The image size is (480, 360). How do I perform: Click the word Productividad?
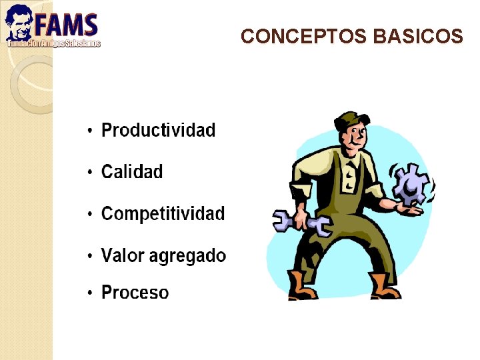[x=158, y=130]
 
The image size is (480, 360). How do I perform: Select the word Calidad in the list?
[x=131, y=172]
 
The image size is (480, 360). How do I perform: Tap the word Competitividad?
[x=163, y=214]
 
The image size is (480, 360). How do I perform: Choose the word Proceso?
[x=135, y=293]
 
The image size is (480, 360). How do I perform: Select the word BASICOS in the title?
[x=418, y=37]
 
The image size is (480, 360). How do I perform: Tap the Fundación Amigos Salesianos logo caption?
[x=53, y=43]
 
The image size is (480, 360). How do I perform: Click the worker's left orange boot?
[x=301, y=286]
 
